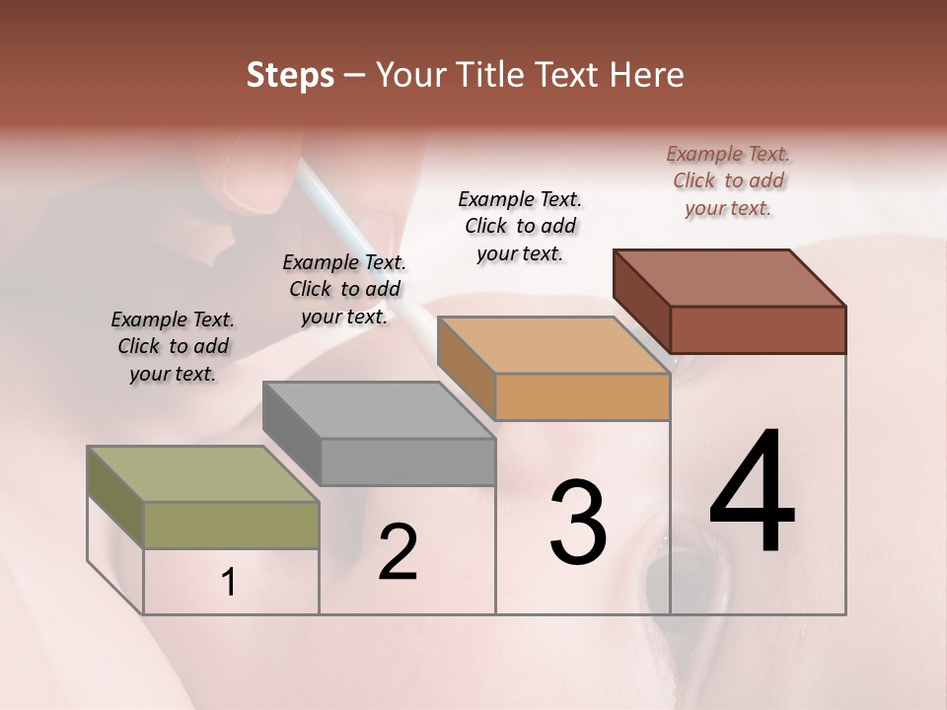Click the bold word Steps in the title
tap(290, 75)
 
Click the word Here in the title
tap(645, 75)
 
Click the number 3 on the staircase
tap(578, 523)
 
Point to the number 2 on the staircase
tap(398, 553)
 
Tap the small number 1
tap(229, 583)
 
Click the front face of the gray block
tap(407, 461)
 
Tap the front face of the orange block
tap(582, 396)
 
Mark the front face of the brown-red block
tap(758, 329)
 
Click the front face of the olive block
tap(232, 525)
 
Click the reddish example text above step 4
tap(728, 180)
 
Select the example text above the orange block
tap(520, 226)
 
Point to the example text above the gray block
tap(344, 289)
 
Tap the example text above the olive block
tap(173, 346)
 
